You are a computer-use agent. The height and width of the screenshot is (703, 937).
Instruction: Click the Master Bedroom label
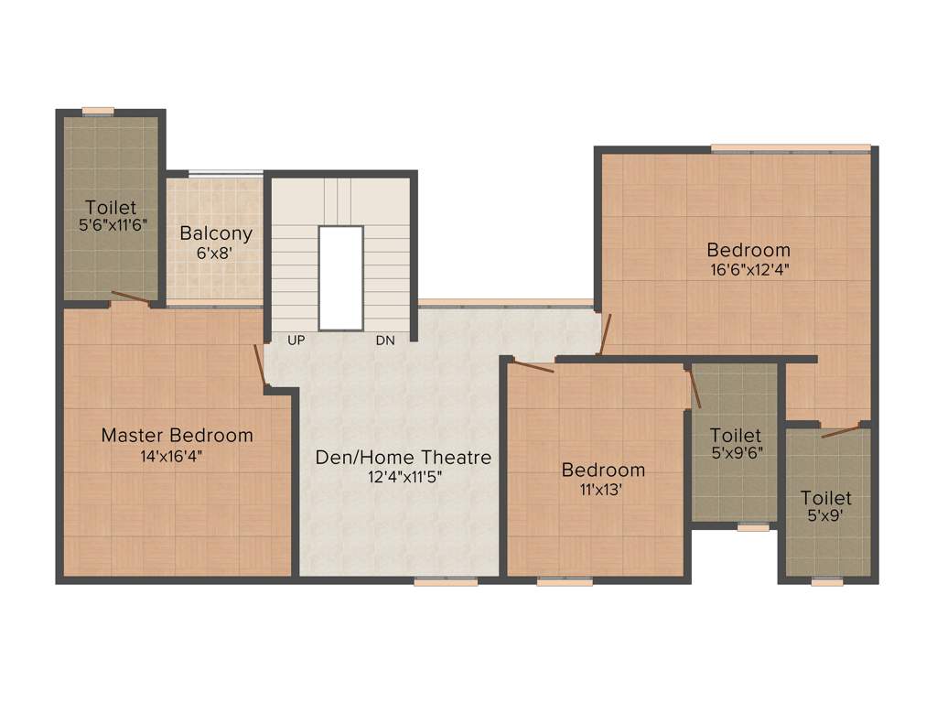coord(177,436)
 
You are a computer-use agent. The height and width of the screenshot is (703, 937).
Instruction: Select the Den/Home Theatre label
coord(404,457)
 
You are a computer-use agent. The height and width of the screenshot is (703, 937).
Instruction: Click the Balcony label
coord(216,233)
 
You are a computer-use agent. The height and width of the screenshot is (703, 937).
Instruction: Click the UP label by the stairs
coord(296,341)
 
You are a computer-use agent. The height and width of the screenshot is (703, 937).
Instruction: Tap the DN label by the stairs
coord(385,341)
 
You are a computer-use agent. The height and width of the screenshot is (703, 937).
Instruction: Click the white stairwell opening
coord(340,277)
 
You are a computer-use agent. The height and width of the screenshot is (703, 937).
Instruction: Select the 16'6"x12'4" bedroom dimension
coord(748,270)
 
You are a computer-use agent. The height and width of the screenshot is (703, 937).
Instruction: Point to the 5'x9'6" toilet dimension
coord(736,452)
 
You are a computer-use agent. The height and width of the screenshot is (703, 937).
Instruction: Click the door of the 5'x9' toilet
coord(840,430)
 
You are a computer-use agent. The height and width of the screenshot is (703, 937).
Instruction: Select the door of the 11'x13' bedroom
coord(532,366)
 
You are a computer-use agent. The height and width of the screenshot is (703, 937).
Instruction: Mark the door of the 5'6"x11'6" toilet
coord(130,297)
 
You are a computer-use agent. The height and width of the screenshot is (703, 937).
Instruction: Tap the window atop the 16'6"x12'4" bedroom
coord(791,147)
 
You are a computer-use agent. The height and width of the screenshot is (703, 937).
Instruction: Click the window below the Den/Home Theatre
coord(445,581)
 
